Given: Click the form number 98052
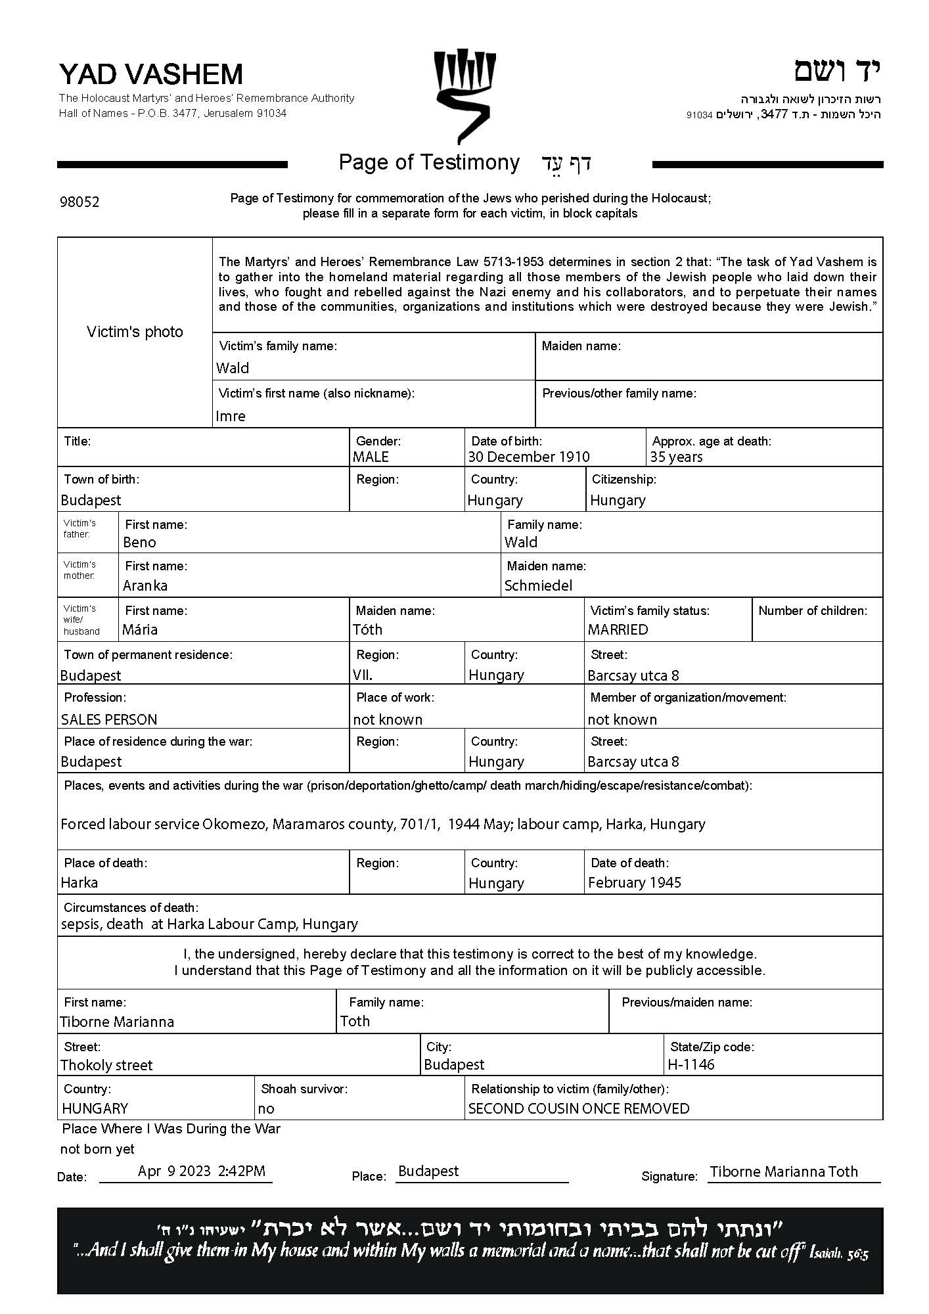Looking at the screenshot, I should pyautogui.click(x=79, y=202).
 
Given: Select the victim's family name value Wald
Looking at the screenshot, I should pyautogui.click(x=233, y=368).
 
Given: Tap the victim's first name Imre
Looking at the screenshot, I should pyautogui.click(x=231, y=416).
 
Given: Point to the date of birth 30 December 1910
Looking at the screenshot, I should pyautogui.click(x=528, y=457).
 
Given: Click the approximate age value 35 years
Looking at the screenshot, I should pyautogui.click(x=676, y=457).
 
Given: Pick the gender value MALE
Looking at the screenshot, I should pyautogui.click(x=371, y=457).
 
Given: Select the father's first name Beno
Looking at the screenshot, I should pyautogui.click(x=139, y=542).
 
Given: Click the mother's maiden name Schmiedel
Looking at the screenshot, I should pyautogui.click(x=538, y=585).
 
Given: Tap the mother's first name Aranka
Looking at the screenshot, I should pyautogui.click(x=145, y=585).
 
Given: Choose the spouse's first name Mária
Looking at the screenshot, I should pyautogui.click(x=140, y=629).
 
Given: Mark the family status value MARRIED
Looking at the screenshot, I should pyautogui.click(x=618, y=629).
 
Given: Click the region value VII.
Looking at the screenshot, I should pyautogui.click(x=363, y=675).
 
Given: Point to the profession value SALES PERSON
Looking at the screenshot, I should pyautogui.click(x=109, y=719).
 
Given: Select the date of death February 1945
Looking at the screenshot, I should pyautogui.click(x=634, y=882).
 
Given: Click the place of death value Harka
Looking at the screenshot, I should pyautogui.click(x=79, y=882).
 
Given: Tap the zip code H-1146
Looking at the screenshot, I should pyautogui.click(x=691, y=1064).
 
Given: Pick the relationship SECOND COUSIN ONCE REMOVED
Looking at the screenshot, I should pyautogui.click(x=579, y=1108).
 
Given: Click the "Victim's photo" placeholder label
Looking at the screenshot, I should pyautogui.click(x=135, y=332).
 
